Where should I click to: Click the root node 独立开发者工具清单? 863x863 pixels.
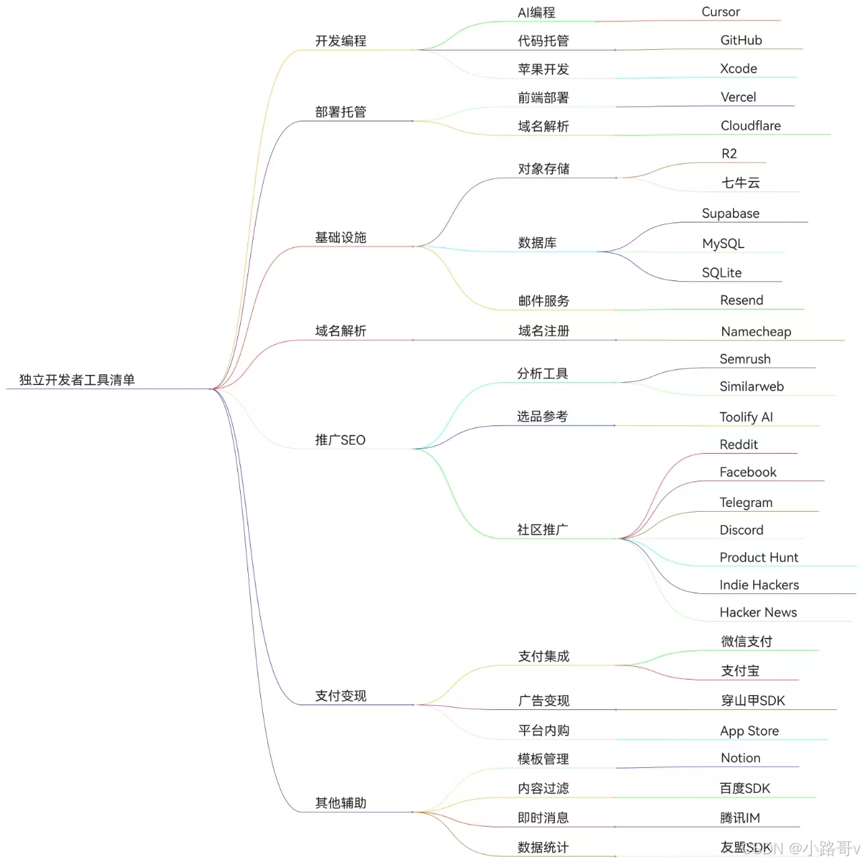click(77, 380)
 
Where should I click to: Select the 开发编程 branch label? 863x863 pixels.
click(340, 41)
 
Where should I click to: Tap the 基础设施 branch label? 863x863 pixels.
click(340, 237)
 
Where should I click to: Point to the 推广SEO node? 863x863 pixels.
click(340, 440)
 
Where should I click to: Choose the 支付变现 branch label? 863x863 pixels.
click(340, 696)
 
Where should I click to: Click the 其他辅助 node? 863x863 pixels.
click(340, 803)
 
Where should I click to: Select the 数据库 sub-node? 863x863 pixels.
click(537, 243)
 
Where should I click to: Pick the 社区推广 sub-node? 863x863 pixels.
click(542, 530)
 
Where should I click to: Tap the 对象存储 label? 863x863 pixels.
click(543, 169)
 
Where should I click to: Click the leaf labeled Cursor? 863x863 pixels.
click(720, 12)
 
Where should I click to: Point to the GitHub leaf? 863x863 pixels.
click(741, 40)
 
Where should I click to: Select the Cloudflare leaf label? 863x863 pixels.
click(750, 126)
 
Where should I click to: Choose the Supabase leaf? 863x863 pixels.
click(730, 214)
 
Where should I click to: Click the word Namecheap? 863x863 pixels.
click(756, 332)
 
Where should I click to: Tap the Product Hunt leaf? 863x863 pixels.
click(758, 558)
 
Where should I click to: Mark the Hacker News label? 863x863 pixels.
click(758, 613)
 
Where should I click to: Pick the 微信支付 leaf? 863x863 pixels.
click(746, 642)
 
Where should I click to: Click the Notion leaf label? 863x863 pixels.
click(740, 758)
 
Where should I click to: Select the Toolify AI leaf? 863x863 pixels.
click(746, 417)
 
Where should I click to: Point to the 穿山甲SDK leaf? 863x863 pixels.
click(752, 701)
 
